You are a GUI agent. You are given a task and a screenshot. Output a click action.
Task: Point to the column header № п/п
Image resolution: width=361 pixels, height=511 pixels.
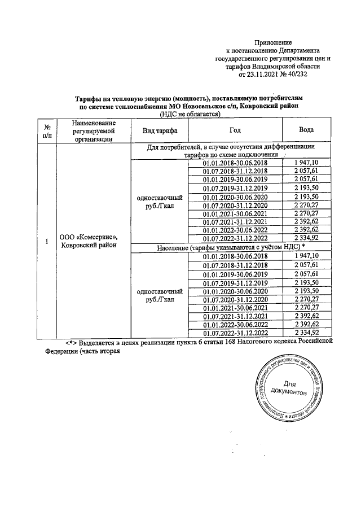[x=47, y=130]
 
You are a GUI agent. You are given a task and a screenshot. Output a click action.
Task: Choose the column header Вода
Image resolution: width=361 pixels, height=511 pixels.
[x=306, y=130]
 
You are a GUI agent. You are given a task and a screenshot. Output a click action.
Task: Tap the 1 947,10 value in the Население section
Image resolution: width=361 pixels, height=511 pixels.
[x=306, y=256]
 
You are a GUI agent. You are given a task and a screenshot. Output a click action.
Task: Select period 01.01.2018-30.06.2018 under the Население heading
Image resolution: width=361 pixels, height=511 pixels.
[x=236, y=256]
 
